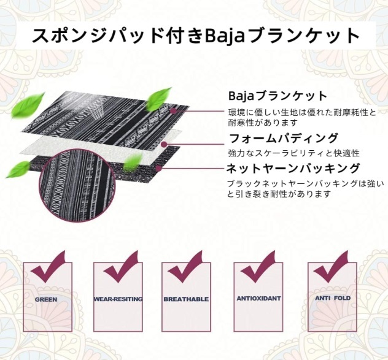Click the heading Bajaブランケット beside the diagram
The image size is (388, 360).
277,96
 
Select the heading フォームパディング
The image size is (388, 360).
283,137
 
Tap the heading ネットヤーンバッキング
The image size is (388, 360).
292,169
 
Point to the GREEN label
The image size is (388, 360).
46,300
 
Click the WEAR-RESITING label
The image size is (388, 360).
118,300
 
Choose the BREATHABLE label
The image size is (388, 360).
186,300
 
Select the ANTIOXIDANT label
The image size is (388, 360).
258,299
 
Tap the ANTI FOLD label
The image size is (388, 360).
333,299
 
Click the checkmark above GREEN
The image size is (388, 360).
49,266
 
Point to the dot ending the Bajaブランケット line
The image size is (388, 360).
174,110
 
